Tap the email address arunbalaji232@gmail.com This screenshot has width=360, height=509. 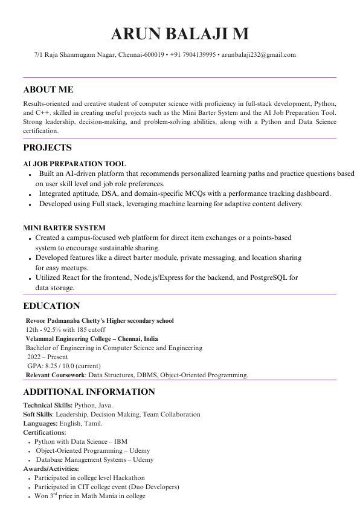[259, 54]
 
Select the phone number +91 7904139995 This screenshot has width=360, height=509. [193, 54]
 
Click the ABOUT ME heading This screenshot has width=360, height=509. [48, 89]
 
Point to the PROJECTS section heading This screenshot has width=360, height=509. [47, 148]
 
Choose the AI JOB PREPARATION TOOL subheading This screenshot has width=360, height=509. [74, 164]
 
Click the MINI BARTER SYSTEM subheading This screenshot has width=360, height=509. [64, 228]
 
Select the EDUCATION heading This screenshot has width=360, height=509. [51, 306]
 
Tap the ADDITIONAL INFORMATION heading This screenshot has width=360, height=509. [89, 392]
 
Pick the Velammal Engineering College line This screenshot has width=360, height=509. [91, 339]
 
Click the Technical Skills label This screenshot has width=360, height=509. [48, 405]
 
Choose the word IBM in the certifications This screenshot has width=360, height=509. [121, 441]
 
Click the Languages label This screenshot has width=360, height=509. [40, 423]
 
